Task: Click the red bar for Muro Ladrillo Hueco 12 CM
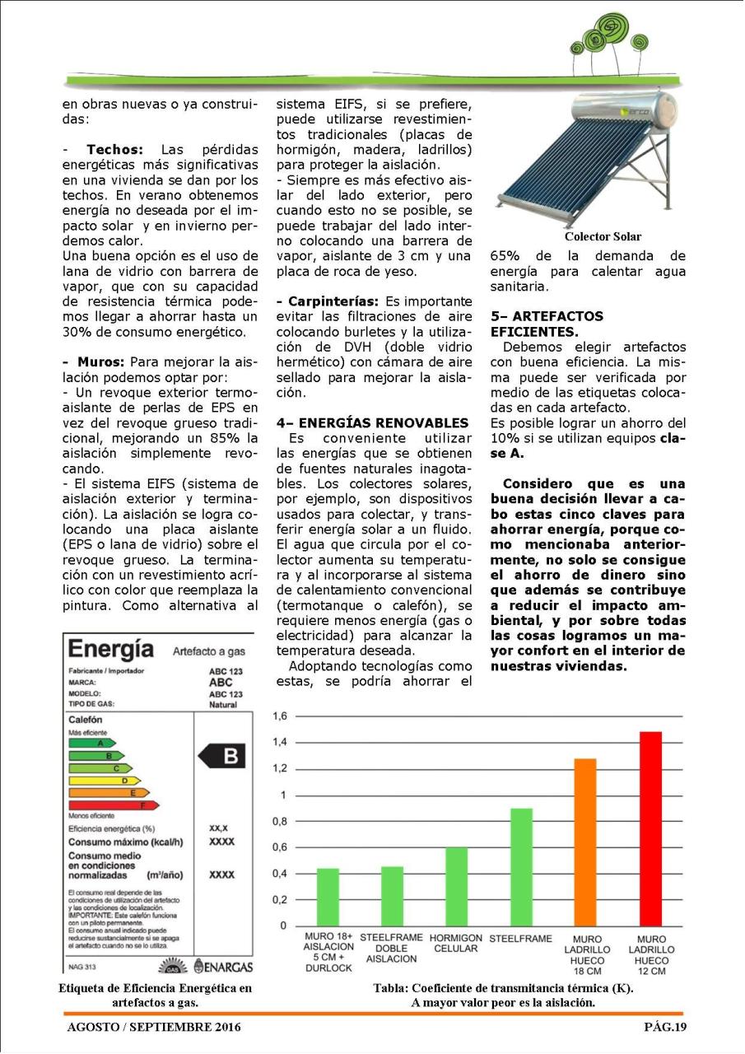pos(650,828)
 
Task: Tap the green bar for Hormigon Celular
pos(456,886)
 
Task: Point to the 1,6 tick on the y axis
pos(280,716)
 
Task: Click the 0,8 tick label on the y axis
pos(280,821)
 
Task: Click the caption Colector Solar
pos(603,236)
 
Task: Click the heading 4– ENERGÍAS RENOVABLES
pos(372,422)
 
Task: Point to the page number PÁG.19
pos(664,1027)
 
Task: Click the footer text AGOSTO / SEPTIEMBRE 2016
pos(154,1027)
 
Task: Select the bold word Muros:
pos(99,362)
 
